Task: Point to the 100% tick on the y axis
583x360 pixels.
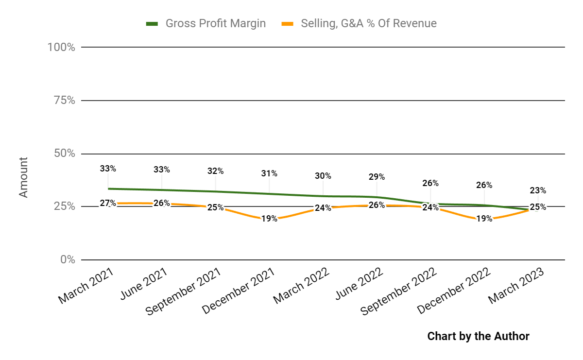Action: [x=61, y=47]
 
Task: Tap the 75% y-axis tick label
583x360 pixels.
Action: [x=63, y=101]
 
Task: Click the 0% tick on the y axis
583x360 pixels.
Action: [x=67, y=259]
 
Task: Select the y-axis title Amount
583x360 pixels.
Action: [x=23, y=177]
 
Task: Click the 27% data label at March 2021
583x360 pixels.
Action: [x=108, y=203]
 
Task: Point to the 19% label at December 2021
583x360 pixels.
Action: [x=269, y=219]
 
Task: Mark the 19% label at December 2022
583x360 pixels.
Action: [x=484, y=219]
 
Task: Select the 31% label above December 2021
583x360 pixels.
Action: [x=269, y=173]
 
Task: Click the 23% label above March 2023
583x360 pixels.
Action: [x=538, y=190]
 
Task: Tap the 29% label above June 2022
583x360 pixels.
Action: [x=377, y=177]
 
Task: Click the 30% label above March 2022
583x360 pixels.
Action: [x=323, y=176]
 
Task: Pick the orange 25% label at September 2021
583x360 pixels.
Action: [x=215, y=207]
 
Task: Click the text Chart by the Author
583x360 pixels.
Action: [x=478, y=336]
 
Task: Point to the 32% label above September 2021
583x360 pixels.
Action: [x=215, y=171]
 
